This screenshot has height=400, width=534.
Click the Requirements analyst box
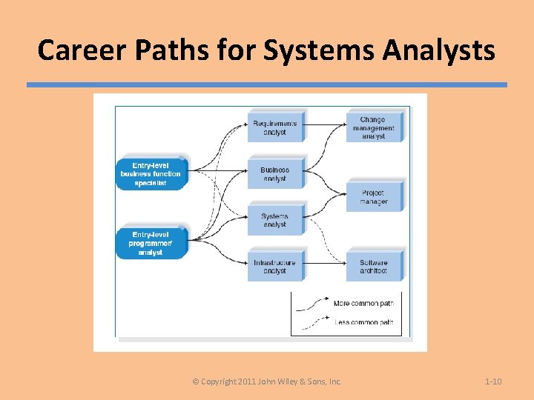[274, 127]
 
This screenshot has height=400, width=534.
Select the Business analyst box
[274, 174]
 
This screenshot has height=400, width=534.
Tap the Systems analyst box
[274, 220]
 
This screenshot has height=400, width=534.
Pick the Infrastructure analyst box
[274, 266]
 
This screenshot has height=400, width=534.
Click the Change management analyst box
[373, 127]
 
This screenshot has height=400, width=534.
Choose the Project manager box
[374, 197]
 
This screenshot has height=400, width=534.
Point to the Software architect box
[374, 266]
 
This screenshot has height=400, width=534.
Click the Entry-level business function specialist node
[151, 174]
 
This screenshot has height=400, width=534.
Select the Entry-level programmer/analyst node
[151, 243]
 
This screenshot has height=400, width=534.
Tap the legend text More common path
[363, 304]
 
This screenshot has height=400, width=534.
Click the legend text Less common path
[363, 322]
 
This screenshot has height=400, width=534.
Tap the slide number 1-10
[493, 381]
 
